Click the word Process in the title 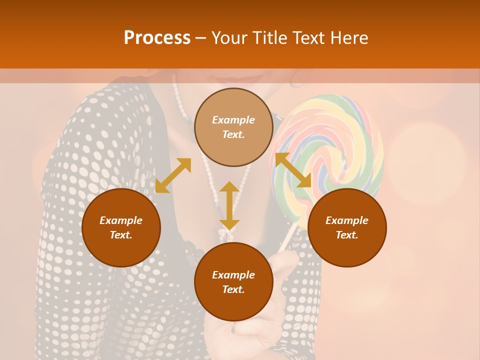(x=157, y=38)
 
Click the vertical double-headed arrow (x=229, y=205)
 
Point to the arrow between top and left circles (x=173, y=175)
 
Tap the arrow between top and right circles (x=293, y=170)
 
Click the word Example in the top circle (x=233, y=120)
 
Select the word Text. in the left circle (x=121, y=235)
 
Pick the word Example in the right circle (x=347, y=220)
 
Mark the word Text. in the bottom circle (x=233, y=289)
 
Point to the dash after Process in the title (x=201, y=38)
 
